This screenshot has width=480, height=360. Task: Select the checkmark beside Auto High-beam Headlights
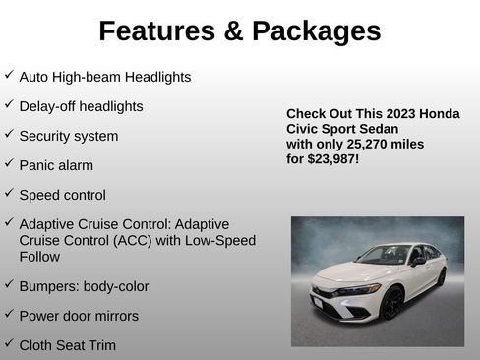[9, 75]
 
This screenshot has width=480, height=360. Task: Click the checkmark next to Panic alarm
[9, 163]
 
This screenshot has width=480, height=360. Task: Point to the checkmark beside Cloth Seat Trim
[9, 343]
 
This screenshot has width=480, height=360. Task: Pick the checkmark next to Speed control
[9, 193]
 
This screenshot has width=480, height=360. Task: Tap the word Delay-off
[50, 106]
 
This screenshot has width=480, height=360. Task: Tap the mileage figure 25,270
[362, 144]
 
